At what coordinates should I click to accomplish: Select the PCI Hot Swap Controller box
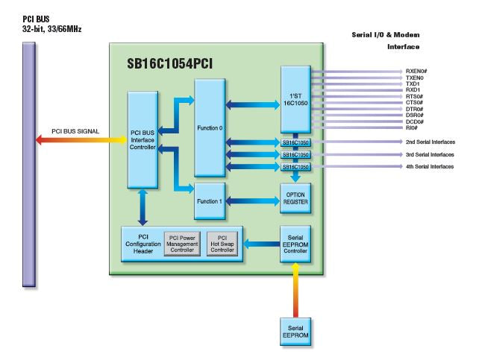[222, 244]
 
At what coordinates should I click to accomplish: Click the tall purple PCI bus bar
[29, 164]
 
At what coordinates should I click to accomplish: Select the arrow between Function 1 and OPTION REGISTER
[253, 200]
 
